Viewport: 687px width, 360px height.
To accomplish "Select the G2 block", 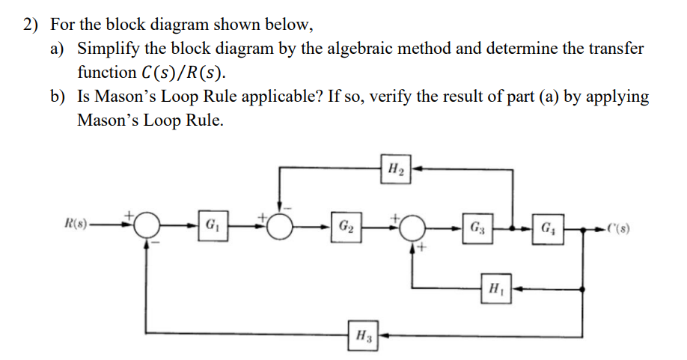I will pos(346,225).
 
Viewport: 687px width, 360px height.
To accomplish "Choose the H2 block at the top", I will pos(397,169).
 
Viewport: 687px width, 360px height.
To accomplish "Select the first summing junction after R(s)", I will pos(148,225).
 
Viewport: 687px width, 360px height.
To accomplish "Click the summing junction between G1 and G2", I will pos(281,225).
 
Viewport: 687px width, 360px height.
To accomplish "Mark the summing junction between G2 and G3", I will pos(412,225).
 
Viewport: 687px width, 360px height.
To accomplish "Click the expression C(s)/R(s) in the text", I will pos(181,73).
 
